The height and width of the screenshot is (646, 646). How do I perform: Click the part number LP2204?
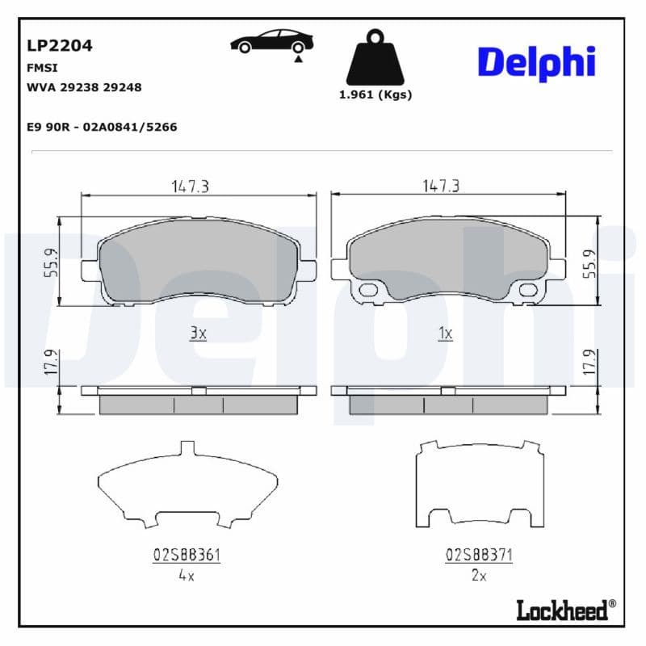[61, 45]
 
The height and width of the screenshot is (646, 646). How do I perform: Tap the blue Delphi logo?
[536, 63]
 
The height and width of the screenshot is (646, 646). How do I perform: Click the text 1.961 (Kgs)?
[375, 94]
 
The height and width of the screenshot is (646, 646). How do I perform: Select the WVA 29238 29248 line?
[85, 87]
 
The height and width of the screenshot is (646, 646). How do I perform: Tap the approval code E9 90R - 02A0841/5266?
[102, 127]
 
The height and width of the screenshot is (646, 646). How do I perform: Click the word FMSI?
[42, 69]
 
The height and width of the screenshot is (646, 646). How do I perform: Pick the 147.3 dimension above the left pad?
[190, 186]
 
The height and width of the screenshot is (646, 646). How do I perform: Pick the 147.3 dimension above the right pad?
[441, 186]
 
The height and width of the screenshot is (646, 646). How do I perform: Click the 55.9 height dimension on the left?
[50, 262]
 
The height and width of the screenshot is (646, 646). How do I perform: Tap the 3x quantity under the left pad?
[199, 333]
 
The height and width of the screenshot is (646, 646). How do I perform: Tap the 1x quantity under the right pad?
[445, 333]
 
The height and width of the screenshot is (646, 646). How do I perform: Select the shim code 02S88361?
[187, 556]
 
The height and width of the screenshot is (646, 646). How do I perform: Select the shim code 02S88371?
[479, 556]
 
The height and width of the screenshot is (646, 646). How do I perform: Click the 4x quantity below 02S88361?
[187, 576]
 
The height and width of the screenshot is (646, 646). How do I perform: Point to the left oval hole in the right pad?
[367, 291]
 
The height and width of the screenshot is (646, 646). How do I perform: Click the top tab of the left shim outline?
[187, 447]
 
